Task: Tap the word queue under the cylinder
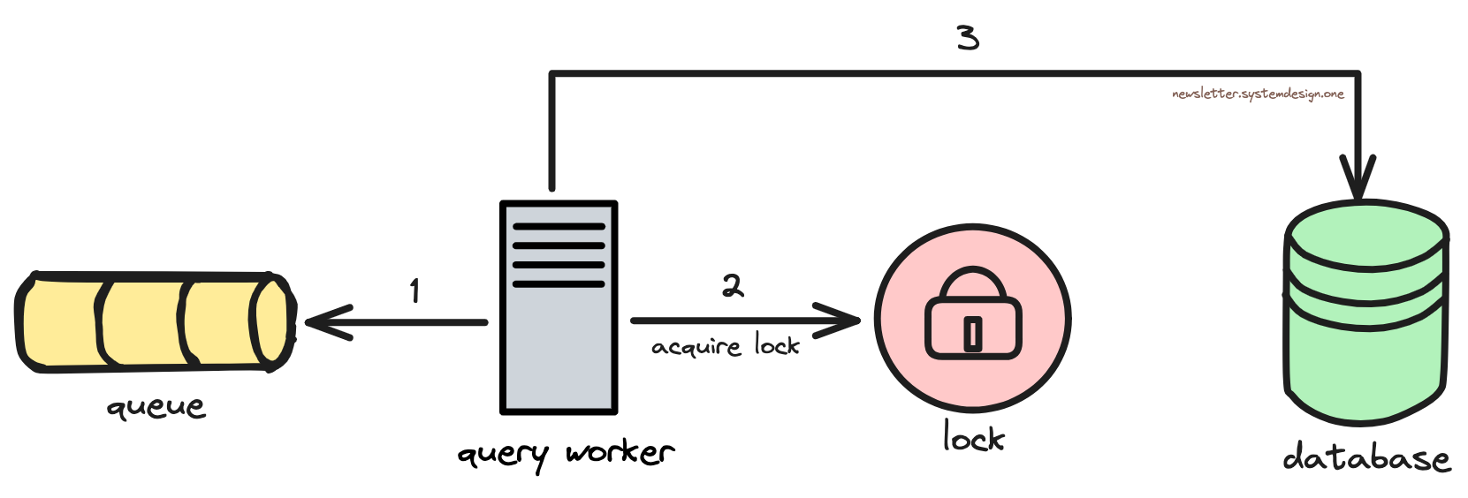pyautogui.click(x=156, y=407)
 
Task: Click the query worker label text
pyautogui.click(x=566, y=454)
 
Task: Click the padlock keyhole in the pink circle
pyautogui.click(x=972, y=334)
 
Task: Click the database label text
pyautogui.click(x=1366, y=457)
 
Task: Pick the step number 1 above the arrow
pyautogui.click(x=415, y=290)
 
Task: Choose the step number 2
pyautogui.click(x=733, y=285)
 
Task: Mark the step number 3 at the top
pyautogui.click(x=968, y=38)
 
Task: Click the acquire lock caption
pyautogui.click(x=725, y=345)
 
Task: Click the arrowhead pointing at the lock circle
pyautogui.click(x=844, y=321)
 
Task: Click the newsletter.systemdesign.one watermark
pyautogui.click(x=1258, y=94)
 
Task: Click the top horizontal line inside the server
pyautogui.click(x=559, y=227)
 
